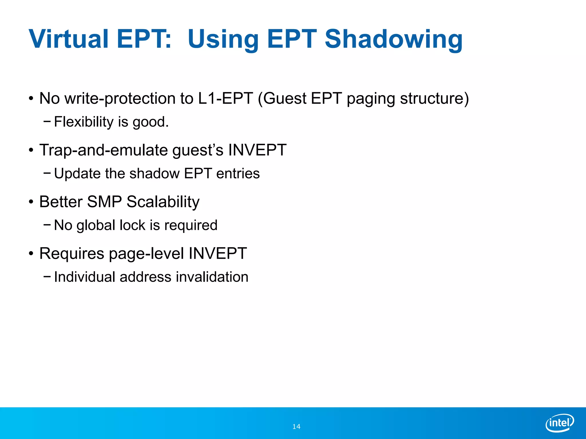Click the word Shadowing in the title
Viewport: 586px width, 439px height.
(393, 39)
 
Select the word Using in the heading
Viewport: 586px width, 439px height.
(223, 39)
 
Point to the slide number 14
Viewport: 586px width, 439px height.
(296, 427)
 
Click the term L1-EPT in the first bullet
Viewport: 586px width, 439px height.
(225, 98)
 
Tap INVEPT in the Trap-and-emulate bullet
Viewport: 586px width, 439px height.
(257, 150)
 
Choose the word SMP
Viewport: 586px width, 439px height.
(104, 202)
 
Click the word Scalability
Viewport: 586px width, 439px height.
(163, 202)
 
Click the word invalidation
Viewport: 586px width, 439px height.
(212, 277)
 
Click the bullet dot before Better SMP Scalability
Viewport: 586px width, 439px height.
(31, 202)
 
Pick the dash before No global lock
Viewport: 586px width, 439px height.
(47, 225)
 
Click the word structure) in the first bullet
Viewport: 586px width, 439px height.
(434, 98)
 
